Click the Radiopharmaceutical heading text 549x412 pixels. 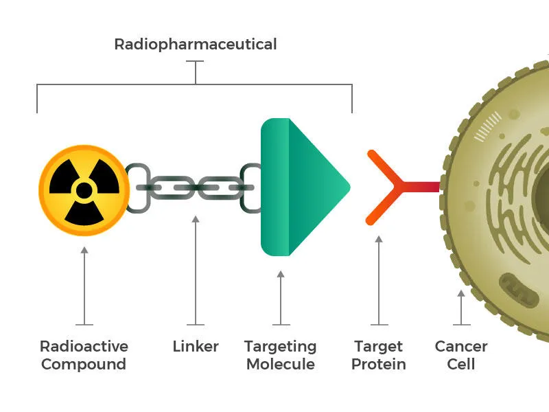point(195,45)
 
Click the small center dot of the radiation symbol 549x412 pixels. point(83,190)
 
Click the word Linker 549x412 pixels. point(196,347)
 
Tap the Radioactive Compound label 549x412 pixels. point(84,355)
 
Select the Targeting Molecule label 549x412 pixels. point(280,355)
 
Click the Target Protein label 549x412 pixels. point(378,355)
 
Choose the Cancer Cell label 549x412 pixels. point(461,355)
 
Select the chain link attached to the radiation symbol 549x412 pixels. point(137,187)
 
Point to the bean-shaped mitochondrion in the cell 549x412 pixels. point(522,289)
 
